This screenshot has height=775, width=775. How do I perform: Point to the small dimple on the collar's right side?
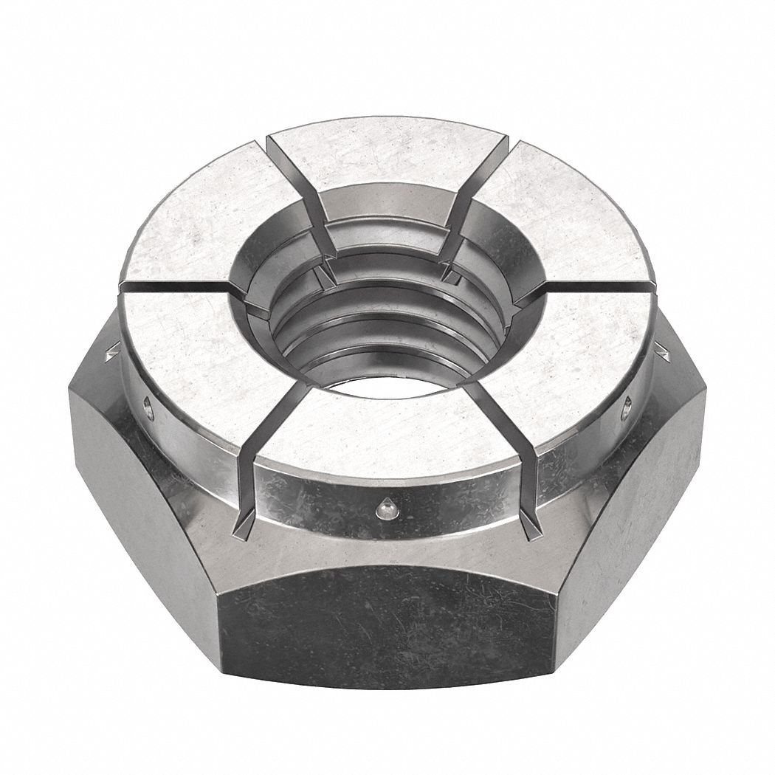click(x=628, y=403)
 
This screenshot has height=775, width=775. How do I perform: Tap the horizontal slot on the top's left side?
click(x=177, y=286)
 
